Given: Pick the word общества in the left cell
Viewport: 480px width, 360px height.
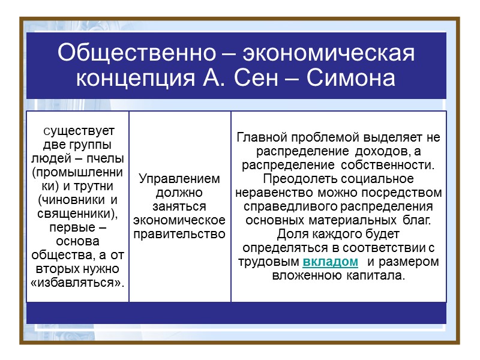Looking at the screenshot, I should coord(58,254).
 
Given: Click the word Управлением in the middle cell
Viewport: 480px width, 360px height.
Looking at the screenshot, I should coord(180,179).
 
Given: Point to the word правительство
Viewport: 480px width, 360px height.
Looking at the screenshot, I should coord(180,233).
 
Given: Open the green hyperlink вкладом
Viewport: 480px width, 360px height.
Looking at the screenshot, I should coord(331,262).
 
